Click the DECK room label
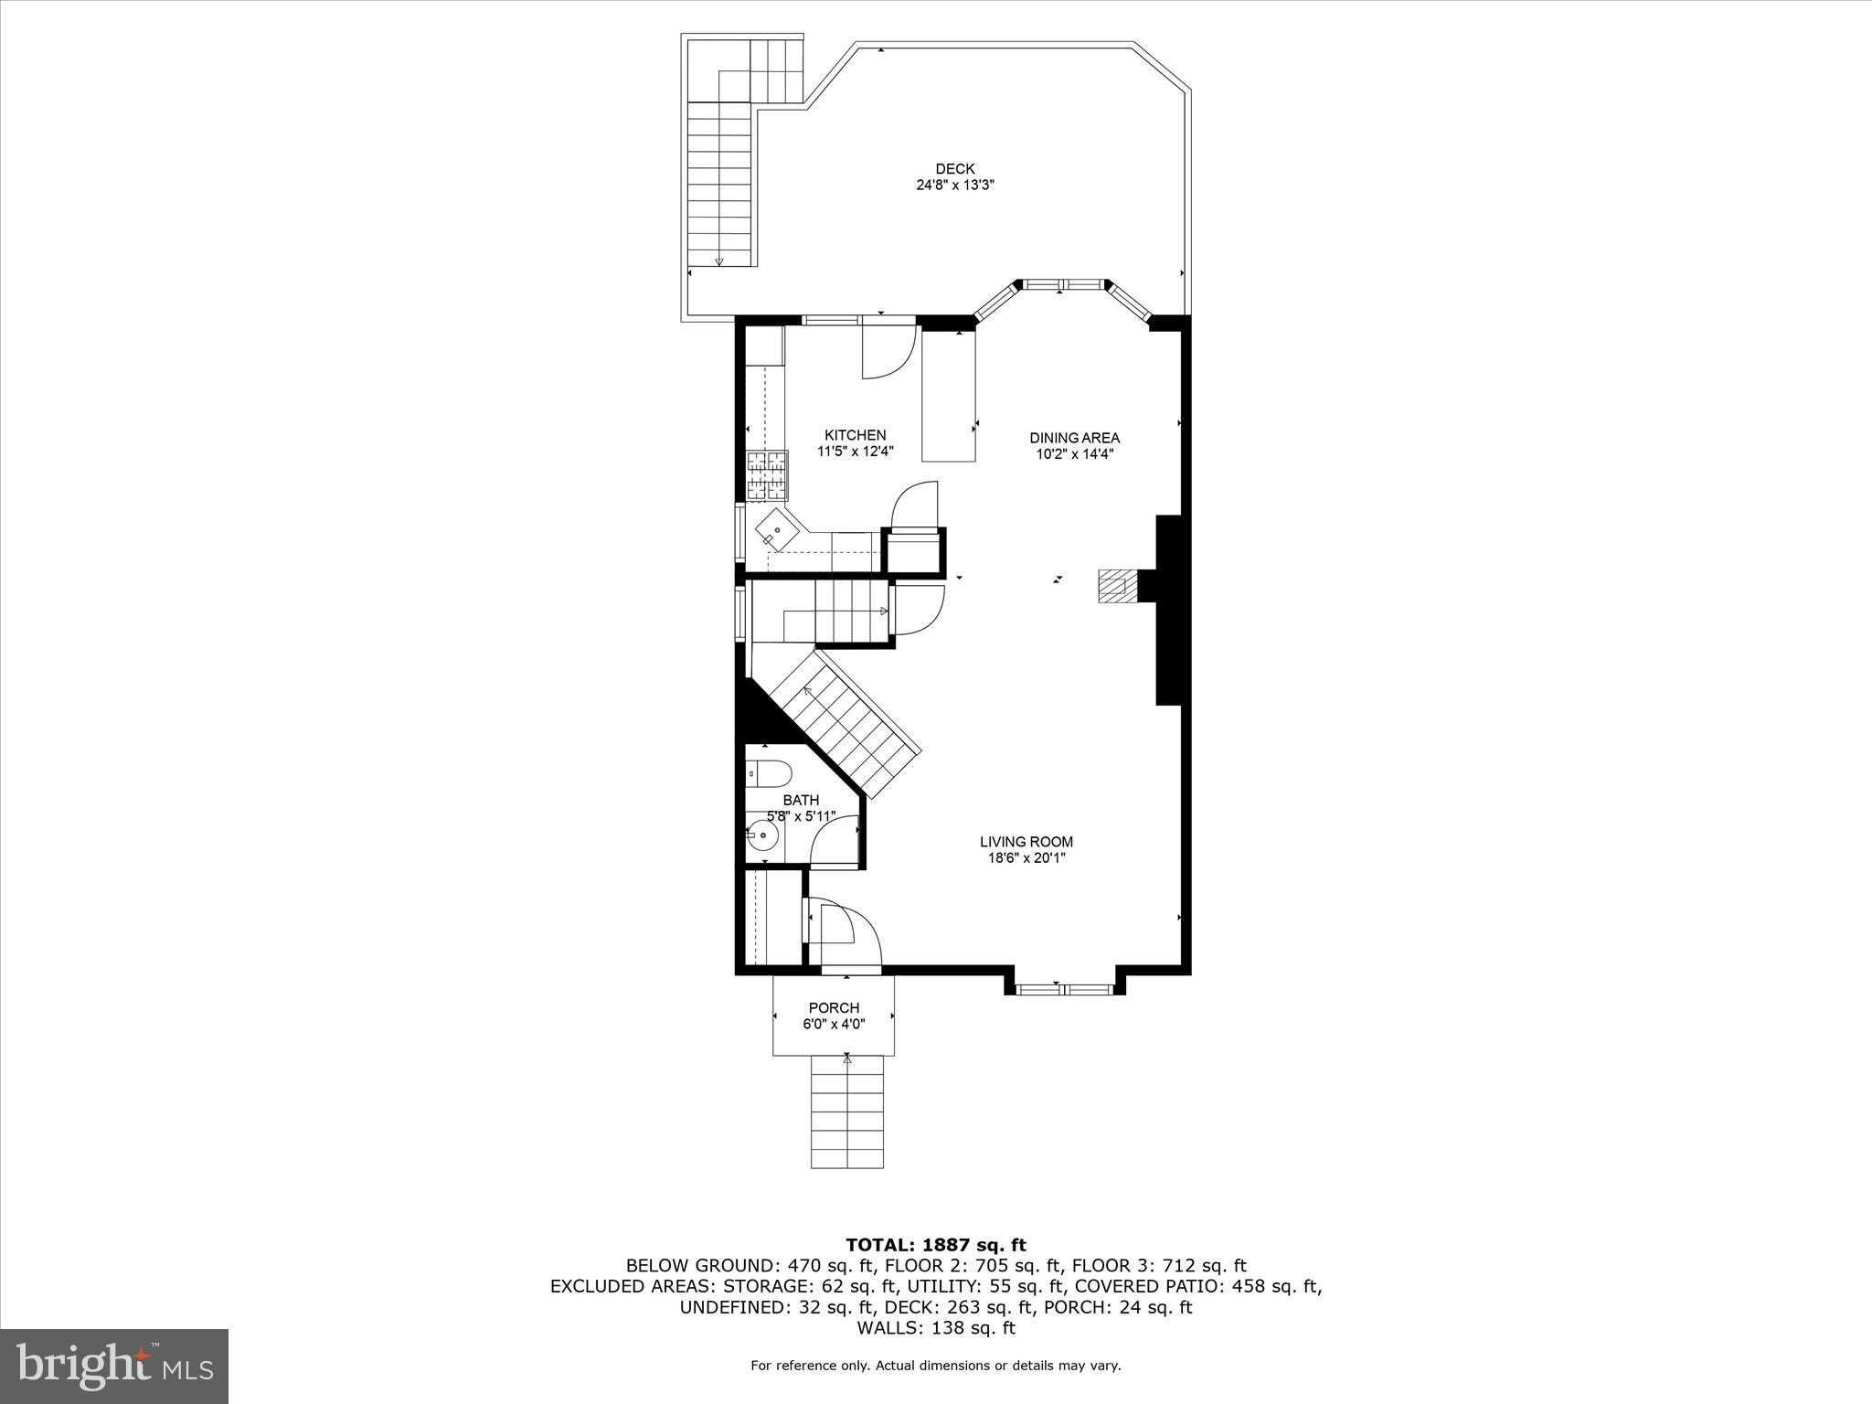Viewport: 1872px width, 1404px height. tap(954, 168)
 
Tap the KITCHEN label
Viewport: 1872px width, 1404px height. tap(855, 435)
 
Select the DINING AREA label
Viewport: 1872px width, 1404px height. tap(1074, 438)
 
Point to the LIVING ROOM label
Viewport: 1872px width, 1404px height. tap(1026, 842)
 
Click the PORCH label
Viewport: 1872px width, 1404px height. tap(834, 1008)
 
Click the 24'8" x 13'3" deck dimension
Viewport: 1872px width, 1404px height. tap(954, 185)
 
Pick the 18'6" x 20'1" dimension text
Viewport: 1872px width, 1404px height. tap(1026, 858)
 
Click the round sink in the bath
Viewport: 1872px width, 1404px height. tap(761, 835)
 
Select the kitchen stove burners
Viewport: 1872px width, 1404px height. tap(766, 475)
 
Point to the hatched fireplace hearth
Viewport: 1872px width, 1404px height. tap(1115, 586)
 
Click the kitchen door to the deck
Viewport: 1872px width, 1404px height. tap(887, 352)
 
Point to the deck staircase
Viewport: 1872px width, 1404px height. tap(719, 183)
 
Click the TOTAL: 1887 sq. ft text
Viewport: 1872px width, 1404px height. tap(935, 1244)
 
